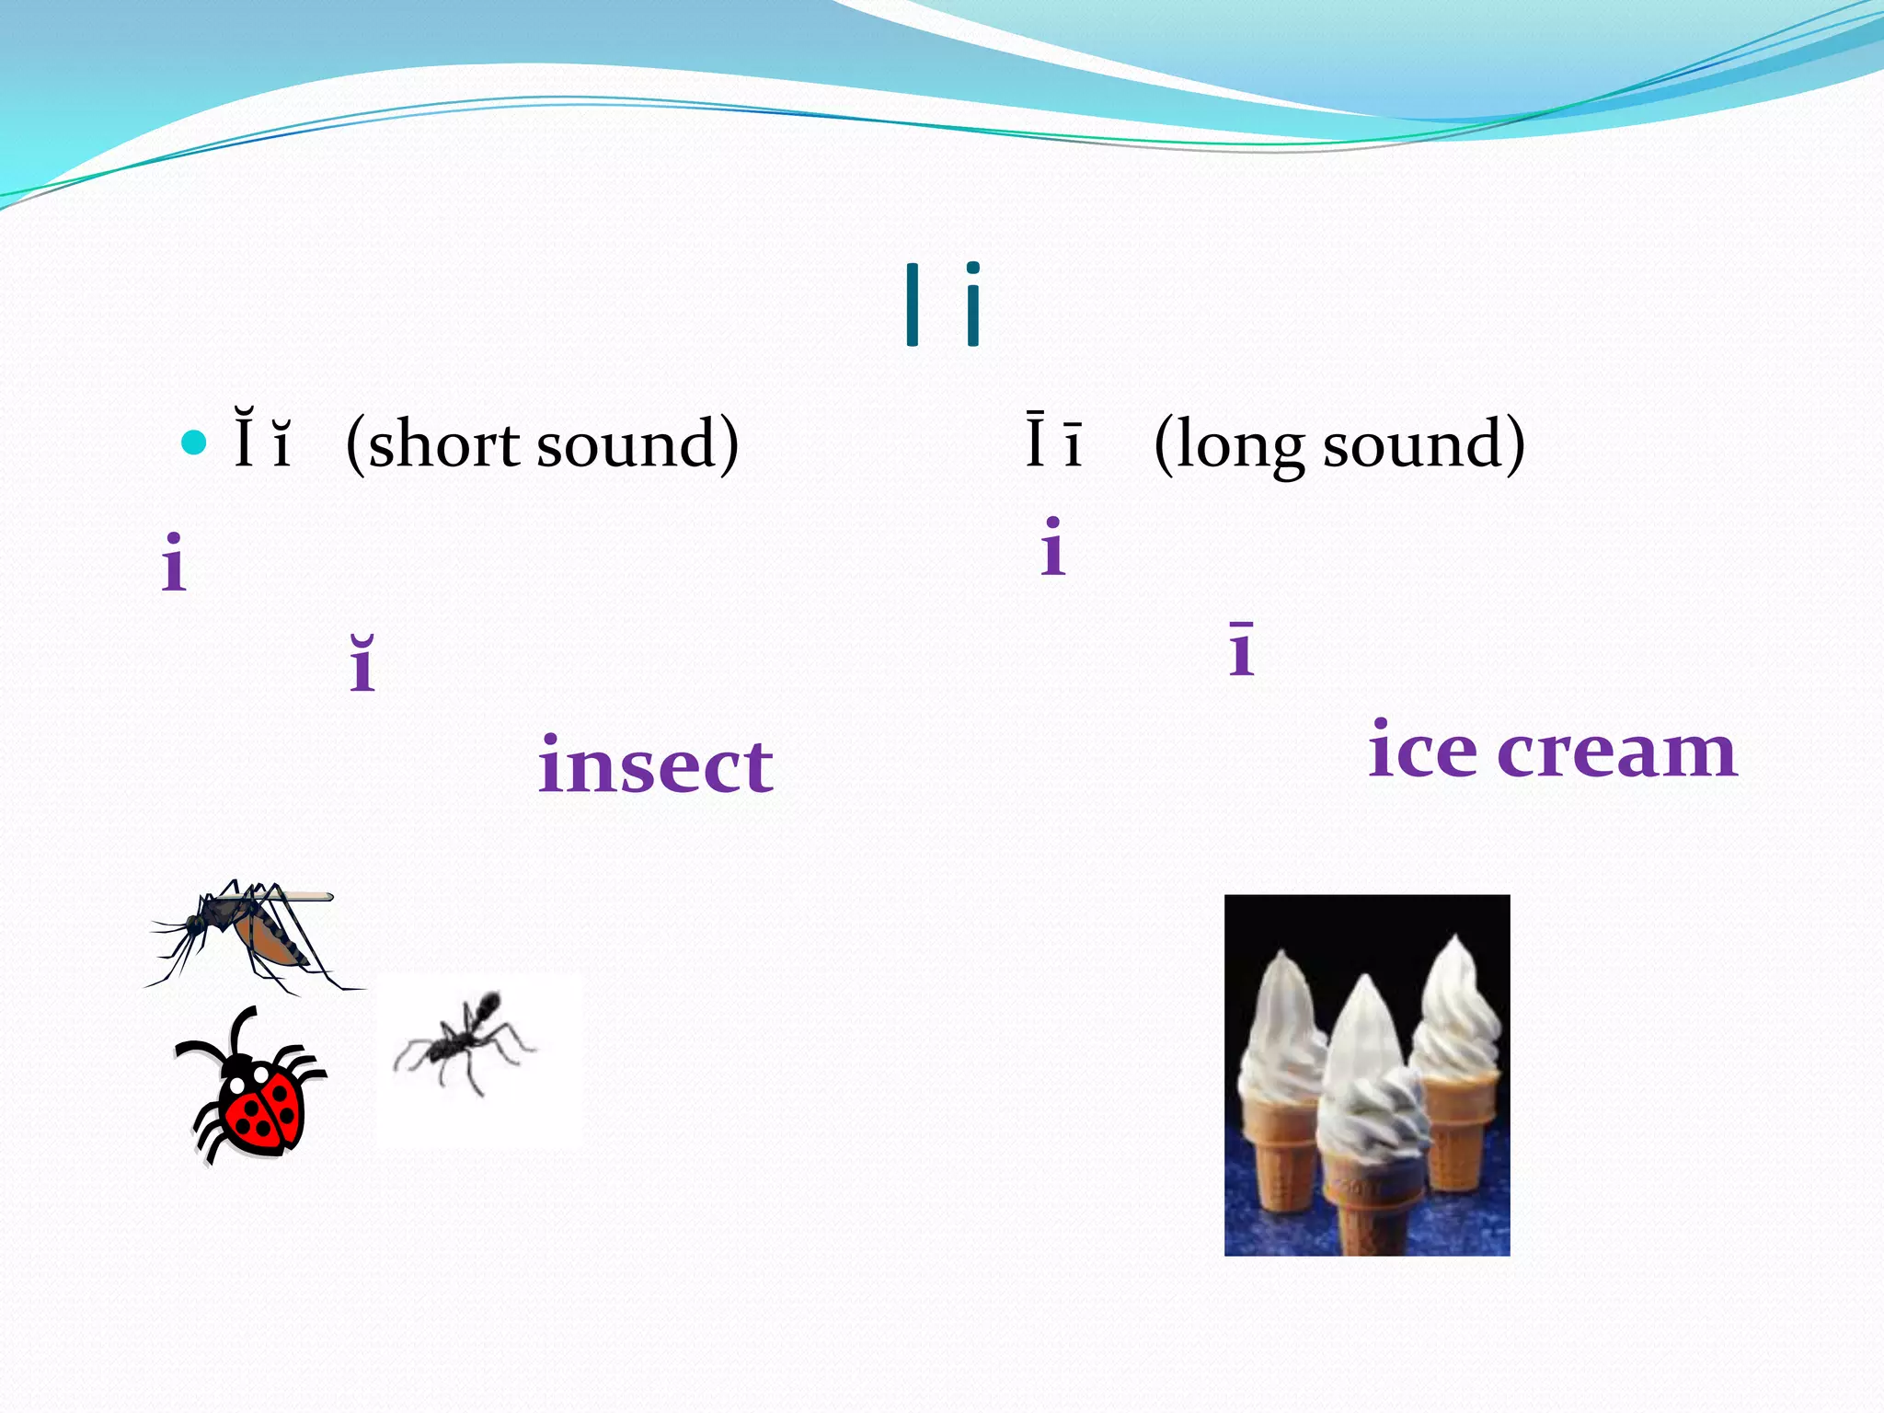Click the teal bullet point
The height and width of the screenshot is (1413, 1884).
(x=194, y=443)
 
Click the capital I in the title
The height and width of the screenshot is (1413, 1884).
(x=912, y=304)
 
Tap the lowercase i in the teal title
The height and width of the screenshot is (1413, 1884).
(x=972, y=304)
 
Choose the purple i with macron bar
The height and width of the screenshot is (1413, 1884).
(x=1241, y=649)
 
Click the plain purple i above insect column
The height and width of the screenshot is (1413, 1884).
(x=173, y=562)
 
